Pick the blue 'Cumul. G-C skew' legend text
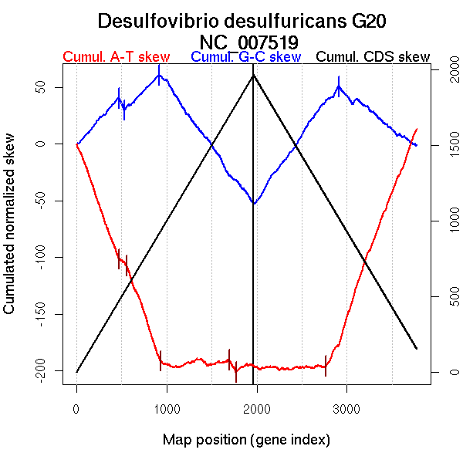(245, 57)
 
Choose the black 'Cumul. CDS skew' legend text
(373, 57)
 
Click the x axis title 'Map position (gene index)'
(246, 440)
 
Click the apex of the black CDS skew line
(253, 74)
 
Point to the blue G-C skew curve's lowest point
(253, 204)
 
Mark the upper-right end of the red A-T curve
(417, 129)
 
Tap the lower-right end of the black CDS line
(417, 349)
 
